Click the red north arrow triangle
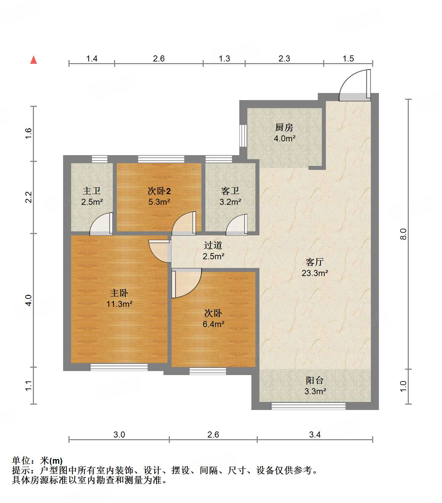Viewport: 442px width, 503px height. [x=34, y=60]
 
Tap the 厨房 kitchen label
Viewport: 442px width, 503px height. [x=284, y=127]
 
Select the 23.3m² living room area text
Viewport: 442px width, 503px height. [x=314, y=273]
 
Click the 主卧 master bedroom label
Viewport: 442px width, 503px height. [x=119, y=293]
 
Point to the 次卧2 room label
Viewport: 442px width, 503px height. [x=159, y=191]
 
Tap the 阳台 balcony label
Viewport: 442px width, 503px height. [x=315, y=380]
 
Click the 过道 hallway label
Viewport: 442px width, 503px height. [x=213, y=245]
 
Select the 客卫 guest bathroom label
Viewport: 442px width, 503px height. [x=230, y=191]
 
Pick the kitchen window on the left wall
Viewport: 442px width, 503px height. [x=243, y=136]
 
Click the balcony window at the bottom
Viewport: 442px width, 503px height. [x=308, y=406]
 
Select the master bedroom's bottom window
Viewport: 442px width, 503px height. [x=119, y=367]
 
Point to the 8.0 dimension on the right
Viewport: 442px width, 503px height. [x=403, y=234]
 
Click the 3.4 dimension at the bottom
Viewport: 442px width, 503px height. [x=315, y=435]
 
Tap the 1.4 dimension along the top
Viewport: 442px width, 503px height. [x=92, y=59]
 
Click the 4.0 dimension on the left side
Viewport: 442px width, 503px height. [x=29, y=300]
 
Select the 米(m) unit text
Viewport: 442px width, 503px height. [x=51, y=461]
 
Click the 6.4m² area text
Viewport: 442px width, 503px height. [x=213, y=324]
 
